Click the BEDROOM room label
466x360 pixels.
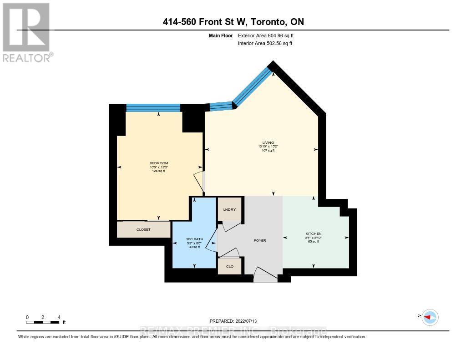(x=159, y=163)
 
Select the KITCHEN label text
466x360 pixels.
(x=314, y=233)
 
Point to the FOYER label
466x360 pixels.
(x=259, y=240)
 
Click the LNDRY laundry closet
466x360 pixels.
(x=229, y=209)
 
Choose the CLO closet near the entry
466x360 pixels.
(x=229, y=266)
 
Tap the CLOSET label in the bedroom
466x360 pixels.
(x=143, y=230)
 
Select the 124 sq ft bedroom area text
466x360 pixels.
(x=159, y=171)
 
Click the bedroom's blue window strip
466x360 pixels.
(x=153, y=108)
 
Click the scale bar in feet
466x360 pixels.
(x=43, y=322)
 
